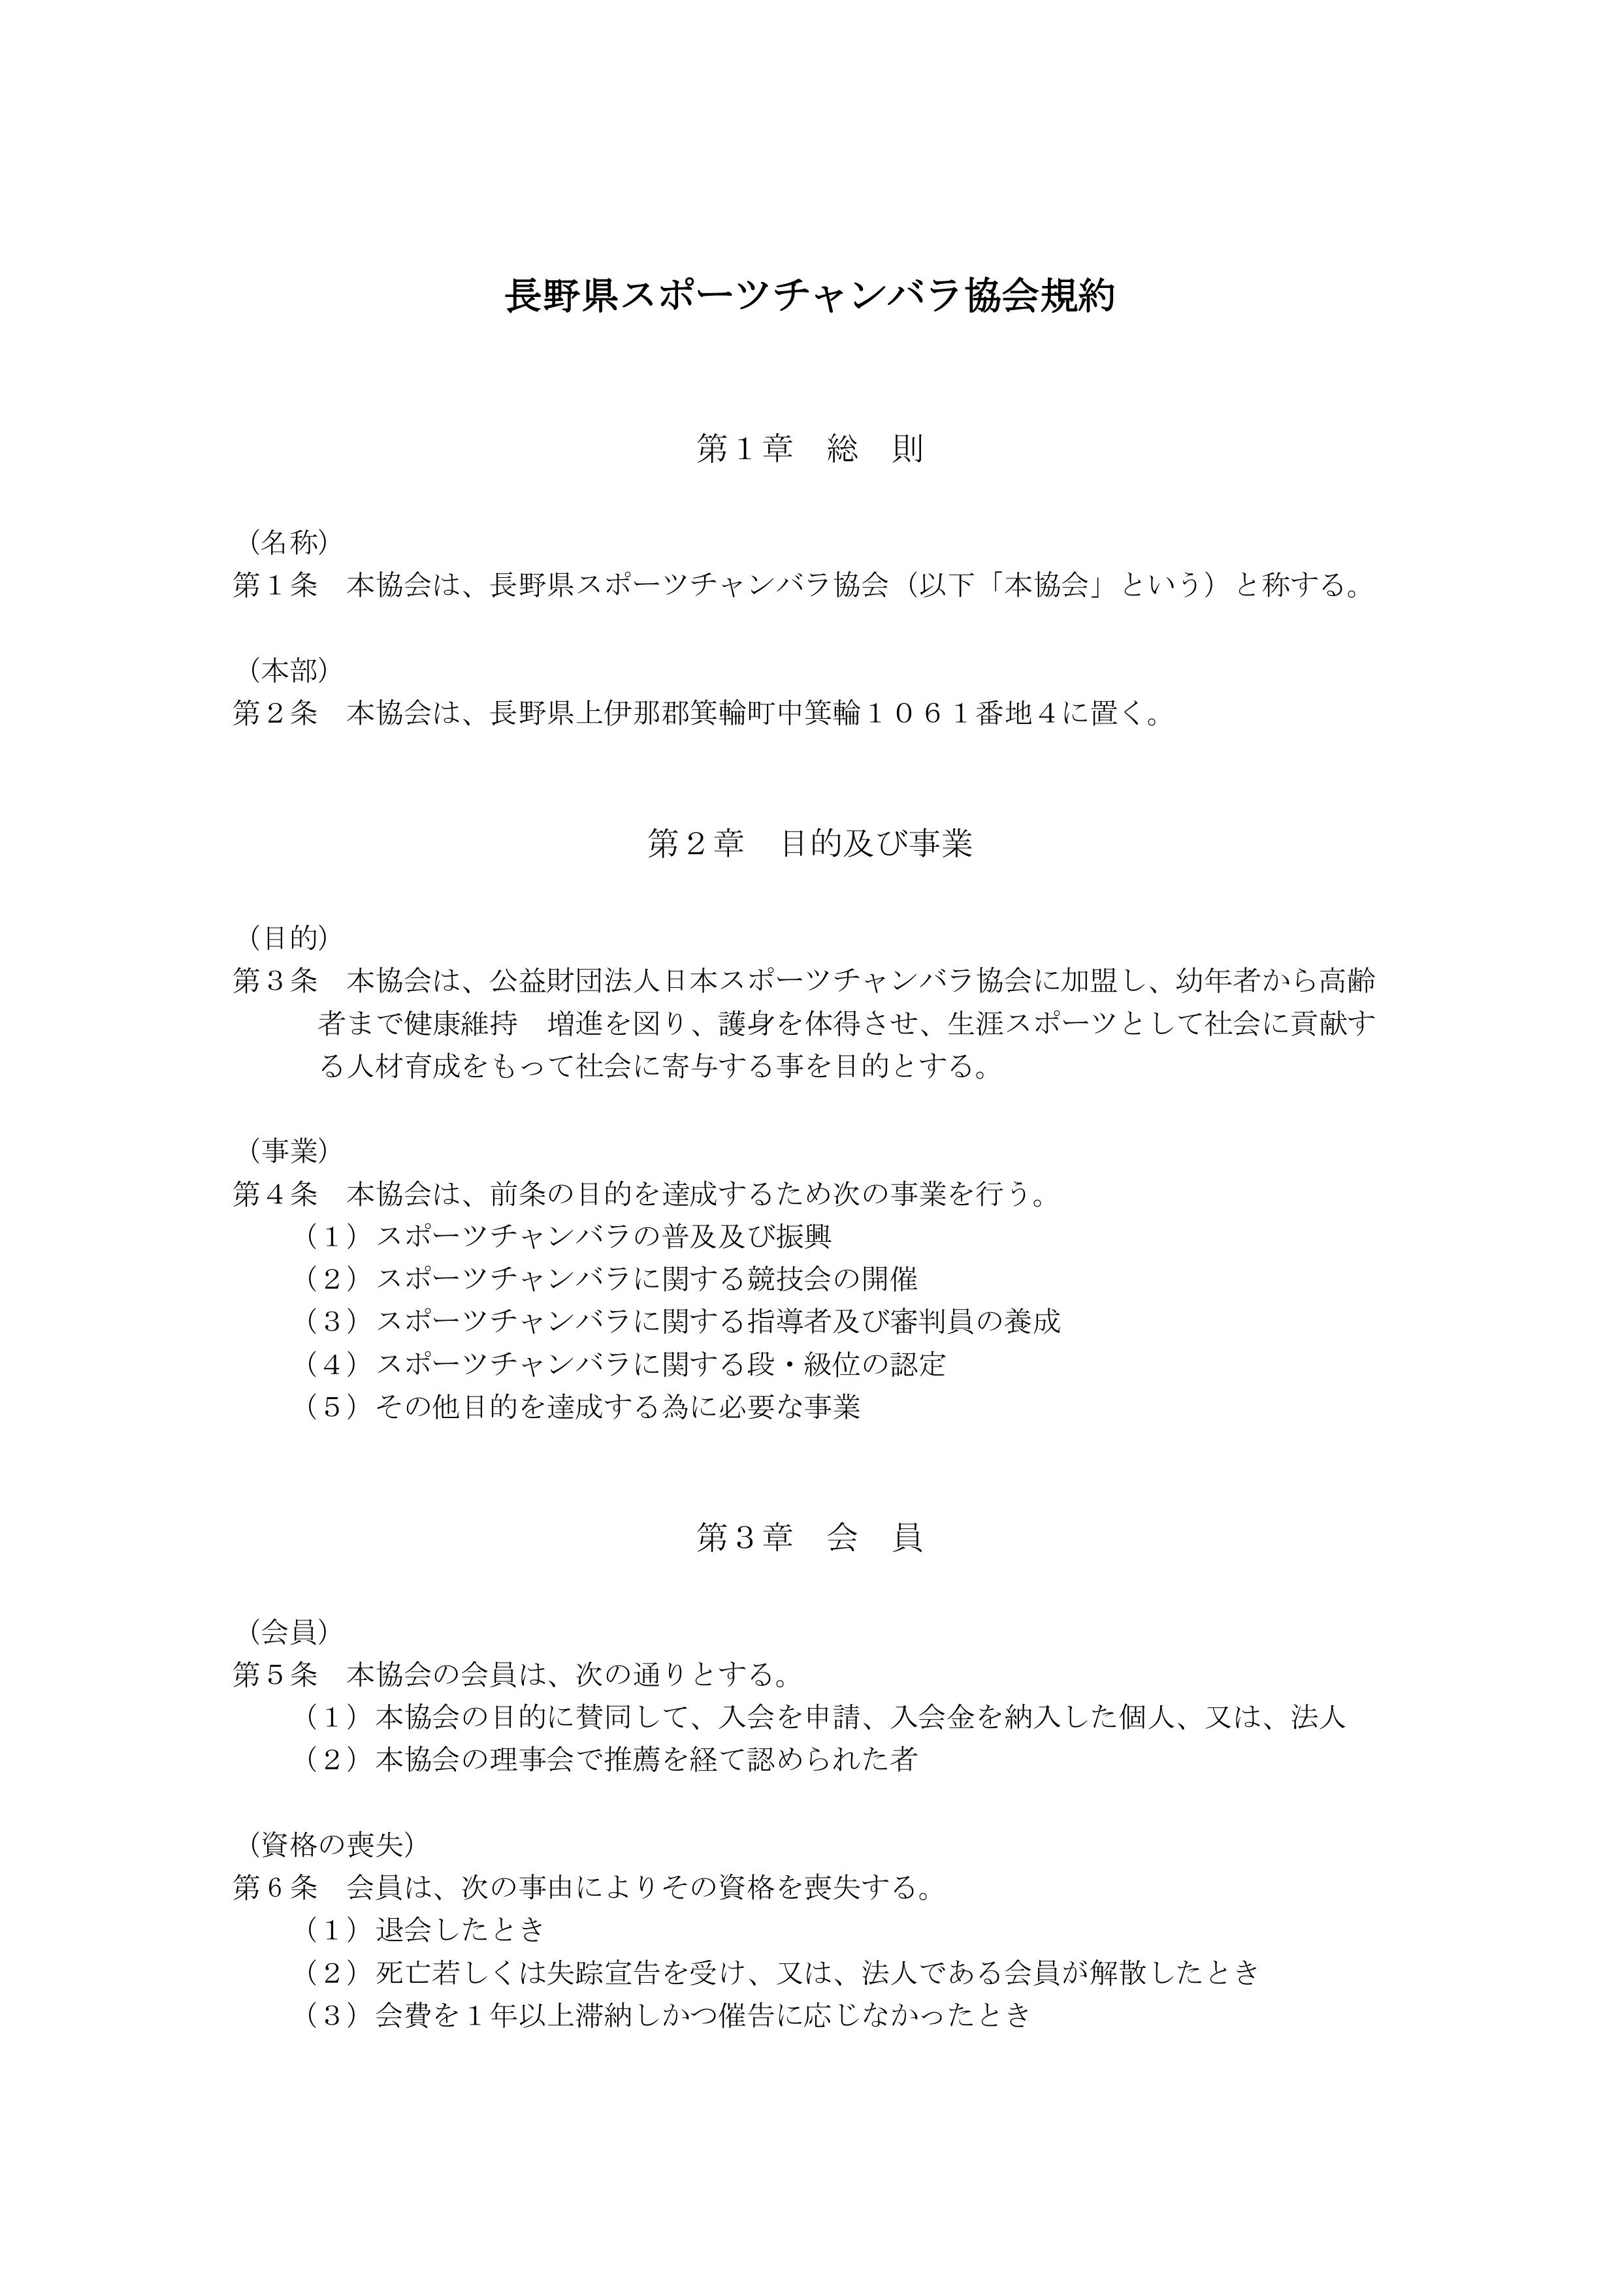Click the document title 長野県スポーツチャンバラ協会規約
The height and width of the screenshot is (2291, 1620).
pyautogui.click(x=809, y=296)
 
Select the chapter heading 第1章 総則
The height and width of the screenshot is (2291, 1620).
pyautogui.click(x=809, y=449)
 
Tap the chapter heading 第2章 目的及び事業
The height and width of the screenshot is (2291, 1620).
pyautogui.click(x=809, y=844)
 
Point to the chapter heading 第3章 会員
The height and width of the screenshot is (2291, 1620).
pyautogui.click(x=809, y=1538)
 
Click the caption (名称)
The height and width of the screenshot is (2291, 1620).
pyautogui.click(x=289, y=542)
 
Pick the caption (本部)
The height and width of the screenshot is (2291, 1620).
pyautogui.click(x=289, y=669)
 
